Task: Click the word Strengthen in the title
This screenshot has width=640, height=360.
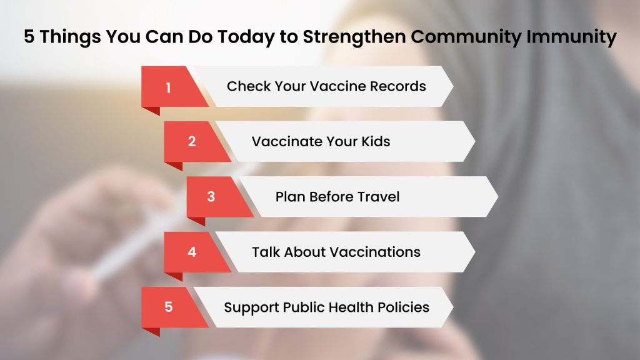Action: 354,37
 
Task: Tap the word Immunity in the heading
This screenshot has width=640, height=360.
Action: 571,37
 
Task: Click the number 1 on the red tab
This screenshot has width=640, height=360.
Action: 168,87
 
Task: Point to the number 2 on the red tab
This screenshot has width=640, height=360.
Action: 192,141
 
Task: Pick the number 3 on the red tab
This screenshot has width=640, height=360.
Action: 211,196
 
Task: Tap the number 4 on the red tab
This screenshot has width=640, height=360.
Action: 192,252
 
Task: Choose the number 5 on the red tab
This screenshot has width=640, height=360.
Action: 169,307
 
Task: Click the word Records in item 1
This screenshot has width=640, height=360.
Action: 398,86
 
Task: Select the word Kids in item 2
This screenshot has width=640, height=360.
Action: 376,141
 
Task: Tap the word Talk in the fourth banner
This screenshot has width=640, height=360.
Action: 266,252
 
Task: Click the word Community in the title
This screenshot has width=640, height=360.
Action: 466,37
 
